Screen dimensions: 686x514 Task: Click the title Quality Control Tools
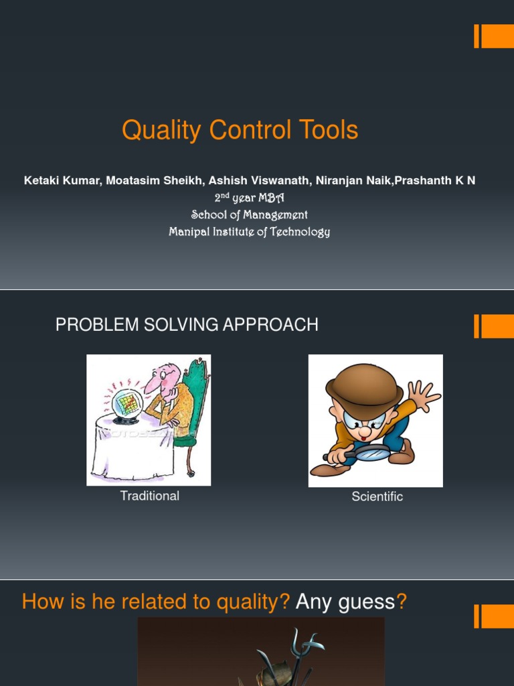pyautogui.click(x=240, y=130)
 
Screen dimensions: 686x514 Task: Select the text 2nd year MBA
pyautogui.click(x=249, y=198)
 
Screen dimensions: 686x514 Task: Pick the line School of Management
pyautogui.click(x=249, y=215)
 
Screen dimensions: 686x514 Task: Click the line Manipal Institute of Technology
pyautogui.click(x=249, y=232)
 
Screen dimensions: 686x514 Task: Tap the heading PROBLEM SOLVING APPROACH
pyautogui.click(x=187, y=325)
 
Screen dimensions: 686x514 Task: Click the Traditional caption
pyautogui.click(x=149, y=496)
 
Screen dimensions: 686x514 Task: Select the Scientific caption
pyautogui.click(x=377, y=497)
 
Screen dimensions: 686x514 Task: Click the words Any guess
pyautogui.click(x=345, y=602)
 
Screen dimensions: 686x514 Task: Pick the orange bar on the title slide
pyautogui.click(x=494, y=36)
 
